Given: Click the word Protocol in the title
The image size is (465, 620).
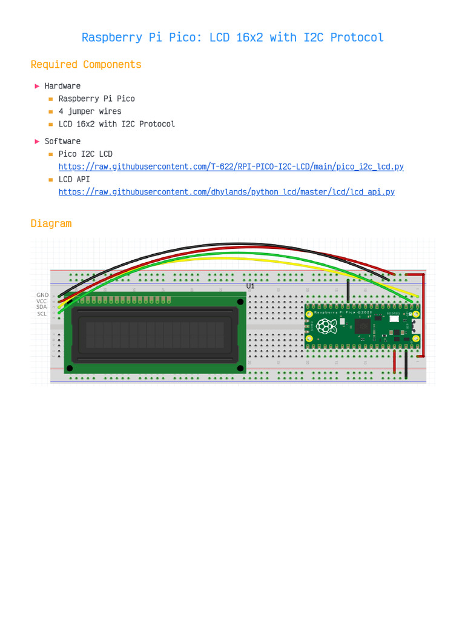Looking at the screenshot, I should [x=357, y=38].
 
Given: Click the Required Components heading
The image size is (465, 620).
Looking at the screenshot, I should [x=86, y=65].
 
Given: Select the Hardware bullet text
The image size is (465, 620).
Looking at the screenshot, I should [x=62, y=86].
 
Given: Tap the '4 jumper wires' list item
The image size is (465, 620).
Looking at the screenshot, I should [x=90, y=111].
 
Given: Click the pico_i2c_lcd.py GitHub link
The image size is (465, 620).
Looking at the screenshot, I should [x=231, y=167].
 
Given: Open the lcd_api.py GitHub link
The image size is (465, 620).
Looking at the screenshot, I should [x=226, y=192].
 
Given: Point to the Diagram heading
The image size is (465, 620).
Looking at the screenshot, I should [x=51, y=223].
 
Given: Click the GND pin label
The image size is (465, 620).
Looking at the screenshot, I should [x=42, y=295].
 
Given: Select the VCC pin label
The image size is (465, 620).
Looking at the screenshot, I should [x=41, y=301].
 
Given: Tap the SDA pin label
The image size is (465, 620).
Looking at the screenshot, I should [x=41, y=307].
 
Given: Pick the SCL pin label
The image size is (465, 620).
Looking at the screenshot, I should [x=42, y=314].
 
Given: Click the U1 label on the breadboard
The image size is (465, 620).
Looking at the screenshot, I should [x=250, y=286].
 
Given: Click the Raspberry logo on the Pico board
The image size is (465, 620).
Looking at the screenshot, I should [x=326, y=326].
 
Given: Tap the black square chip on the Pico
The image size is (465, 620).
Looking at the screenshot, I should [x=362, y=326].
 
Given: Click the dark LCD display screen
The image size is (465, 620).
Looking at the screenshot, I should [x=155, y=335].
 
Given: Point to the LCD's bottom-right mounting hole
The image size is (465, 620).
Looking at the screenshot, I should [x=240, y=368].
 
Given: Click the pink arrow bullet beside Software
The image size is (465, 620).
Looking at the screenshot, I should [x=38, y=141].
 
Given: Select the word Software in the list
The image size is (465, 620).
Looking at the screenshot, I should [x=62, y=141].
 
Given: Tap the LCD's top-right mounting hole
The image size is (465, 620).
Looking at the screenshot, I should [x=240, y=302].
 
